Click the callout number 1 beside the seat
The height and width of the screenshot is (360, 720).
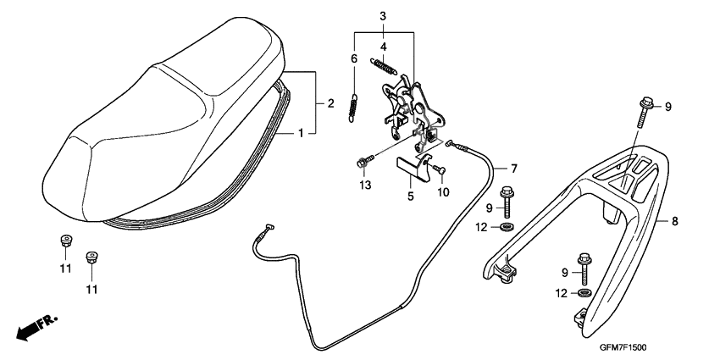(301, 134)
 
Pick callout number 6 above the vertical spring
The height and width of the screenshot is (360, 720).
(354, 58)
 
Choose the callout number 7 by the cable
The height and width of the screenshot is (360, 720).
(512, 167)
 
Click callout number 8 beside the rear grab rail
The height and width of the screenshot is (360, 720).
(675, 223)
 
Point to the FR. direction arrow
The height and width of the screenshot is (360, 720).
(35, 326)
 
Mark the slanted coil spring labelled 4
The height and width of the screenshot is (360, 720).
(384, 65)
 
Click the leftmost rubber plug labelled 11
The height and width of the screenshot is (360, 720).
(64, 241)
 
